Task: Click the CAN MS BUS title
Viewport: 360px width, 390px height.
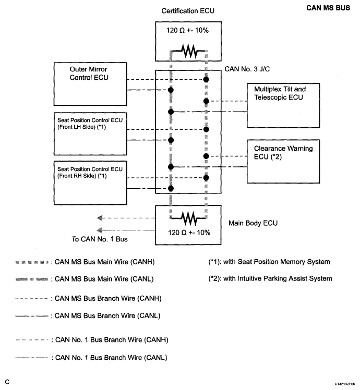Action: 328,8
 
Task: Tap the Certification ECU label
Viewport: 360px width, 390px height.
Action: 188,11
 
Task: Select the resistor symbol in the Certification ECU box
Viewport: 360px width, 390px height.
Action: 188,51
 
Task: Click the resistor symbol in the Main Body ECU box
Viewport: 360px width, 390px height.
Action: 188,218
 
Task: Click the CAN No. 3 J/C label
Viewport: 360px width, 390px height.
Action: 247,69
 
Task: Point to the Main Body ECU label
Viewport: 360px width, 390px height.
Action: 253,223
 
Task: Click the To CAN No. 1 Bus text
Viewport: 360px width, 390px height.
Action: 100,239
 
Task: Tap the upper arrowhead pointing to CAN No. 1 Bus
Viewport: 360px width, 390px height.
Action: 100,218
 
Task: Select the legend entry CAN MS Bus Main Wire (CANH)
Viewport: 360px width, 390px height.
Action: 85,262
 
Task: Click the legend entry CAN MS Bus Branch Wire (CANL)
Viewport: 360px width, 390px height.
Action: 88,316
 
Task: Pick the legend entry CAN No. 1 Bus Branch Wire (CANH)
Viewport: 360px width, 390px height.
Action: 92,340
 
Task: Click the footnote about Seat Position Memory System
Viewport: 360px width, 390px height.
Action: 269,262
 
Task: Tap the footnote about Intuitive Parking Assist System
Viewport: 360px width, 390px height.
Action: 270,278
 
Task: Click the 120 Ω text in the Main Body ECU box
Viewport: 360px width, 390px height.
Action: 177,233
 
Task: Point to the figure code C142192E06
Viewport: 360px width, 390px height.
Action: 345,384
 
